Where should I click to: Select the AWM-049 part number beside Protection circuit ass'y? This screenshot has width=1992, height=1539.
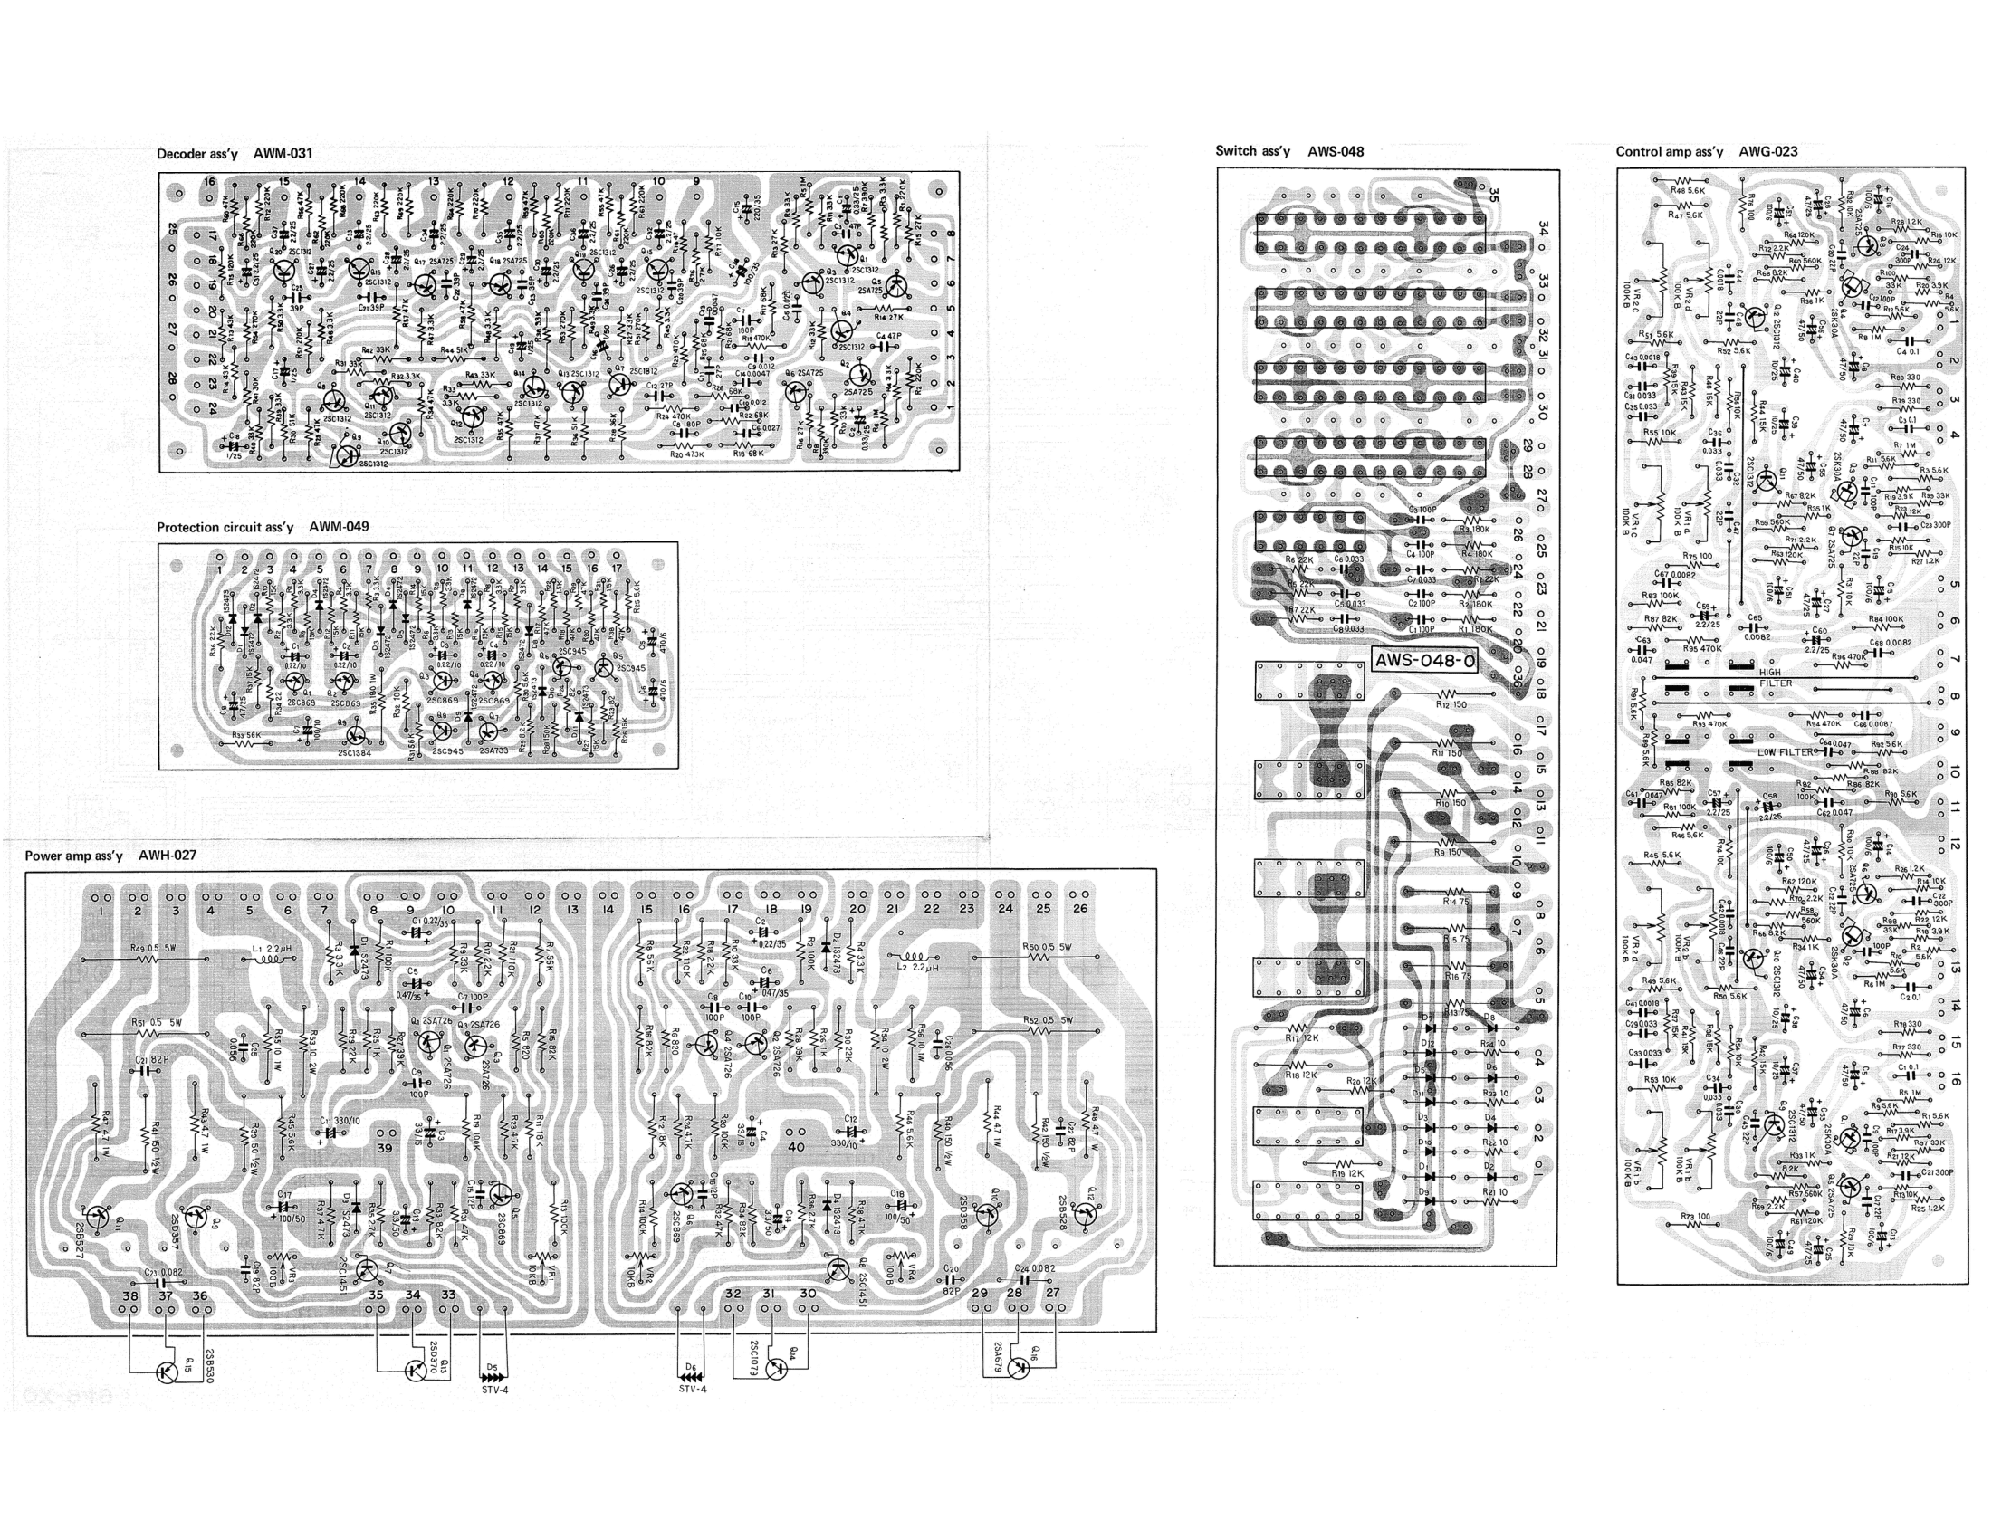(339, 527)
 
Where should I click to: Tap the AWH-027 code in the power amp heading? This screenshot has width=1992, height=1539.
(167, 856)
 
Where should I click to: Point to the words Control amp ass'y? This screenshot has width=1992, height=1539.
(1669, 151)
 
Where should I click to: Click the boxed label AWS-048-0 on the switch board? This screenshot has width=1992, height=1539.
(1423, 661)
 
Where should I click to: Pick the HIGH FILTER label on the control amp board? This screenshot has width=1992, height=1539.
(1774, 677)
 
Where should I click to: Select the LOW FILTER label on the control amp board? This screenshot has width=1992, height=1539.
(1785, 752)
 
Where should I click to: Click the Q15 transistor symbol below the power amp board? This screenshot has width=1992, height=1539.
(166, 1372)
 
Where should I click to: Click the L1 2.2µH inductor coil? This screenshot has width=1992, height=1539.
(266, 958)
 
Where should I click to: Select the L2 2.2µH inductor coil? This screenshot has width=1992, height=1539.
(913, 958)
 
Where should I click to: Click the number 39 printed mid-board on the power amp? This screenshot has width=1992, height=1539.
(384, 1148)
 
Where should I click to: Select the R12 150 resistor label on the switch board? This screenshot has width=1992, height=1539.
(1451, 703)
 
